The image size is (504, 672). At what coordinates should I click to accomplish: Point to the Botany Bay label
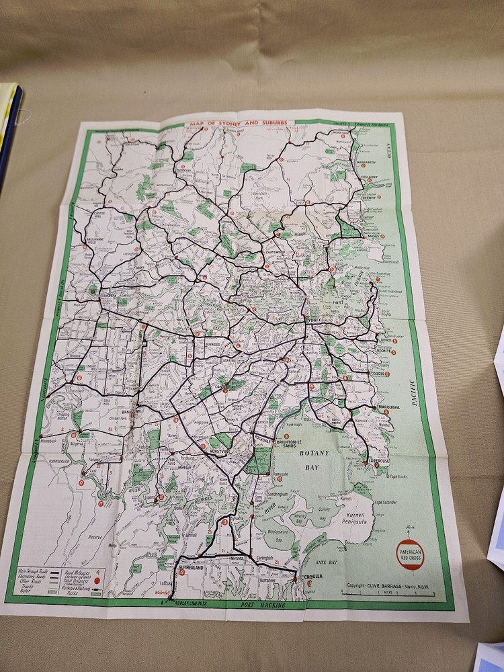pyautogui.click(x=312, y=464)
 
